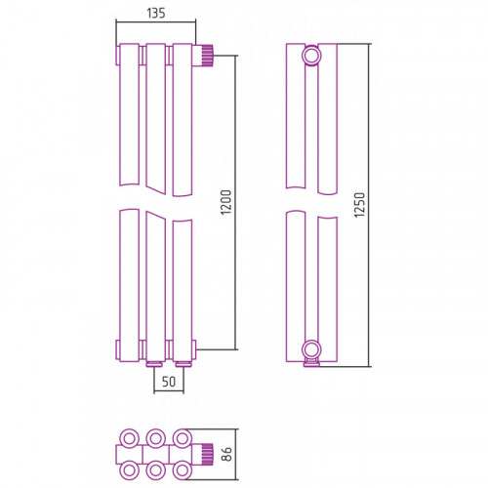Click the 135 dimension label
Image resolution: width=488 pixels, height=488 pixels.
tap(156, 13)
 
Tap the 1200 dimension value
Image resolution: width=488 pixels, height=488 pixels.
tap(226, 202)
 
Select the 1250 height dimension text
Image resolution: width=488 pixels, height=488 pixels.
tap(360, 205)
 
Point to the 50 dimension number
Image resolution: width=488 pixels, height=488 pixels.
tap(169, 382)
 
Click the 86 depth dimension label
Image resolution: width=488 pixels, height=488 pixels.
tap(226, 454)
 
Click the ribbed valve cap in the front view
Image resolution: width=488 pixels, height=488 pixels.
tap(207, 56)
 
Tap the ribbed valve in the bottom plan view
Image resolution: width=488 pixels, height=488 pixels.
tap(207, 453)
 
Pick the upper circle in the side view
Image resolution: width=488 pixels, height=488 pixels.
tap(311, 56)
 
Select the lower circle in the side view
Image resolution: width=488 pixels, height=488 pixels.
tap(311, 350)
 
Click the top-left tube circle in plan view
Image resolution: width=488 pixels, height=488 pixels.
tap(130, 438)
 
